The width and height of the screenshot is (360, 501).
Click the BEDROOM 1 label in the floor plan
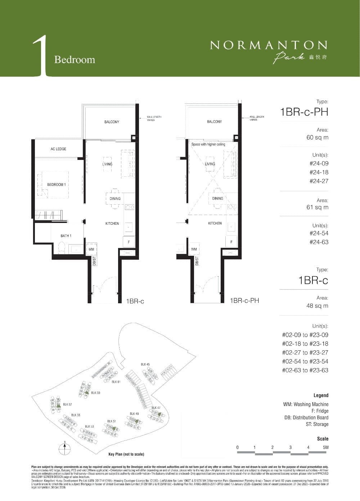56,185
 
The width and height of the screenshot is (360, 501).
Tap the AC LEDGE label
58,149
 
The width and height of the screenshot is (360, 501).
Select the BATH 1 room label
66,236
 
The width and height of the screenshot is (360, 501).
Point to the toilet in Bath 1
61,248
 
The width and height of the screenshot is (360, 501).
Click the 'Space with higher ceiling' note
208,144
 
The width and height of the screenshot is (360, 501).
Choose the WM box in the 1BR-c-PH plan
194,249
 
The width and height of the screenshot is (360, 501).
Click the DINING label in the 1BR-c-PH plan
217,198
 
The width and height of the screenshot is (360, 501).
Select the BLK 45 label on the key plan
145,364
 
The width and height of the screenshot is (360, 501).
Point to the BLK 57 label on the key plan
67,404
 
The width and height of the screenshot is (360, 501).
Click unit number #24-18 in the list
319,172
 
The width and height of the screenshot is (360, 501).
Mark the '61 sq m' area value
317,207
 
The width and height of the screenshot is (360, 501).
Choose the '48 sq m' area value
317,306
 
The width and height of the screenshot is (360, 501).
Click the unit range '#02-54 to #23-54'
305,361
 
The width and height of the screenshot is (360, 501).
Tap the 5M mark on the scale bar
325,447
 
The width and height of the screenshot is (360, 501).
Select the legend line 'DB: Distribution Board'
306,417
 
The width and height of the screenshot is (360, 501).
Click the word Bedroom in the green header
75,59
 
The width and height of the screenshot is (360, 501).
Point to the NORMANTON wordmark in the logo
269,45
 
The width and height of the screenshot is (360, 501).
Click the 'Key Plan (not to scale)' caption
126,455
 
